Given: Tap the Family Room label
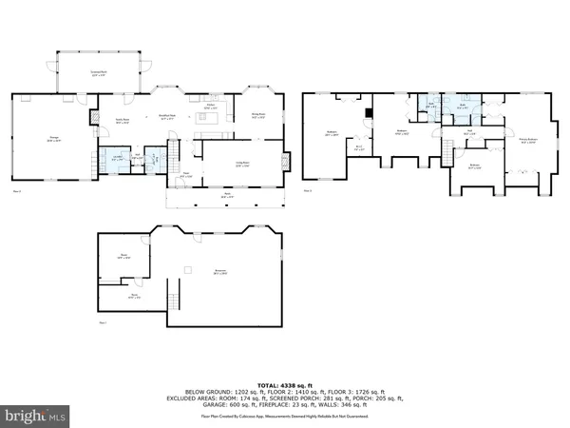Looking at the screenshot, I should pyautogui.click(x=123, y=120).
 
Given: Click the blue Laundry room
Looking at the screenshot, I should pyautogui.click(x=116, y=160).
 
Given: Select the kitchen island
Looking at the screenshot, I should pyautogui.click(x=213, y=119).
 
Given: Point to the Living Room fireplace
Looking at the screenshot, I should pyautogui.click(x=287, y=161).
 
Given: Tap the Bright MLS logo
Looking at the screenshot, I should pyautogui.click(x=35, y=415).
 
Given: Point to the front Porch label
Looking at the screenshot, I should pyautogui.click(x=227, y=197).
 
